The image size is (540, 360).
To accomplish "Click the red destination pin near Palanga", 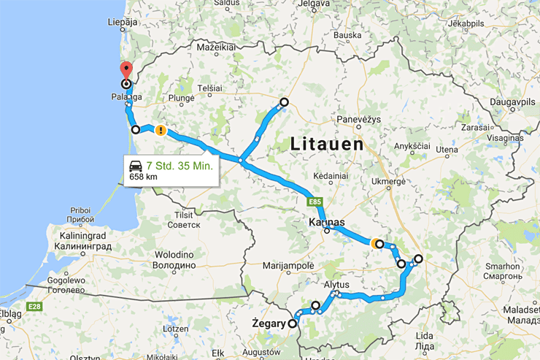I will click(126, 71).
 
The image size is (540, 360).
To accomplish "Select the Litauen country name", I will click(327, 143).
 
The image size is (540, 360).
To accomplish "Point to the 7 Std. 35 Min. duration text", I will click(179, 166).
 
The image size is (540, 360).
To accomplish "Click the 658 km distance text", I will click(143, 177).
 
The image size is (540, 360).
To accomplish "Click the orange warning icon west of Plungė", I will click(160, 131).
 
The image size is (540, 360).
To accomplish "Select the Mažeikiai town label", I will click(214, 47).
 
